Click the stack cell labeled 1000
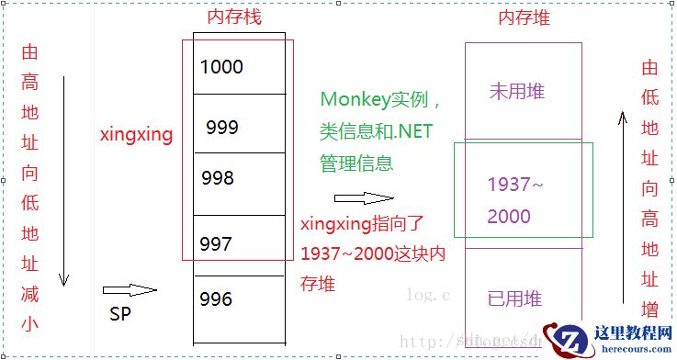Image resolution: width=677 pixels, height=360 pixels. tap(238, 66)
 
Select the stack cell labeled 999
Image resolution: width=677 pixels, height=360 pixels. tap(238, 127)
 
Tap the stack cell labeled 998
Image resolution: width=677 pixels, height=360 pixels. tap(238, 177)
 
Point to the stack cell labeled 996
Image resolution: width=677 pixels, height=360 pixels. tap(238, 299)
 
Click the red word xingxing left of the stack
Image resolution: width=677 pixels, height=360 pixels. tap(137, 134)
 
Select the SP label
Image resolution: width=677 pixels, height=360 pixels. tap(119, 315)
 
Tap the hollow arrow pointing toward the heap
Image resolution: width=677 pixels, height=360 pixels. tap(364, 197)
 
